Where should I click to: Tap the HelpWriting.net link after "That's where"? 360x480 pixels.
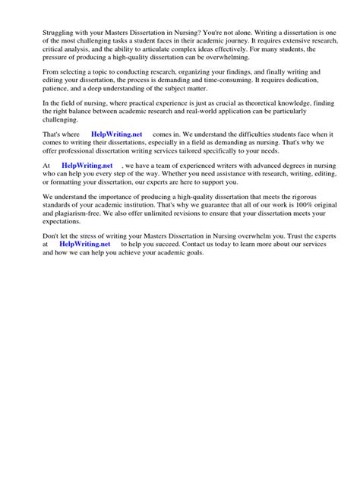click(x=115, y=134)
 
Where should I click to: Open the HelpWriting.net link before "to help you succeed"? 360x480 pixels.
click(x=84, y=245)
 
